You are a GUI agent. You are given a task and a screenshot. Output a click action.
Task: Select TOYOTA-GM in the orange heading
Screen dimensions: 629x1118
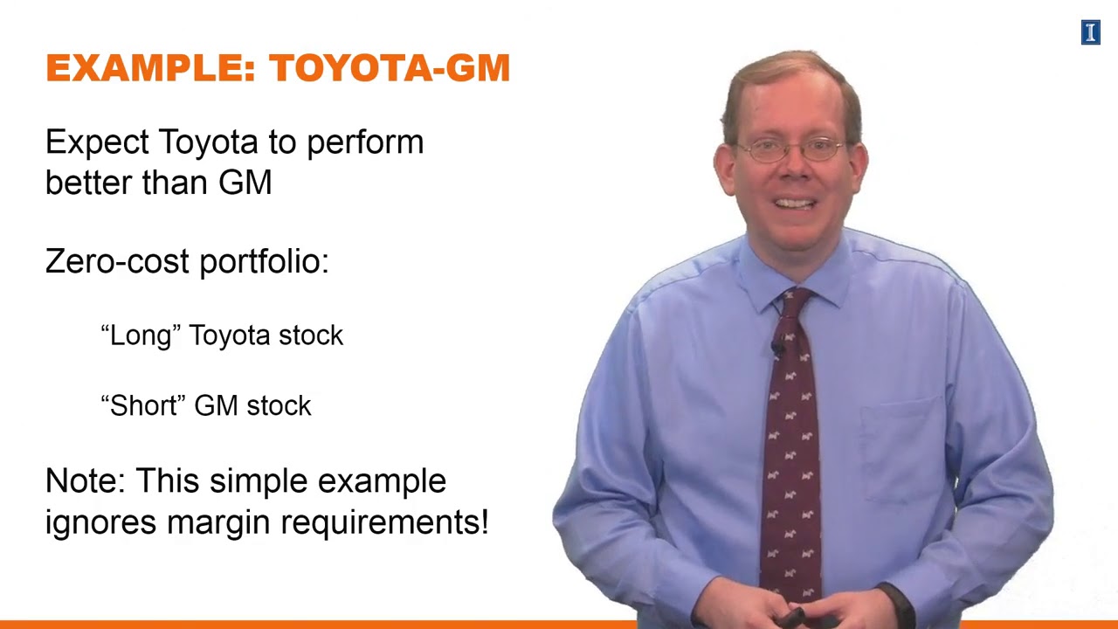point(390,68)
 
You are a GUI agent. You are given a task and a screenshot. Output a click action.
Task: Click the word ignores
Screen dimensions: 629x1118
point(100,522)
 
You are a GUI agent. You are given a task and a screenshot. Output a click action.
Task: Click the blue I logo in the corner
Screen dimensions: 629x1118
point(1090,33)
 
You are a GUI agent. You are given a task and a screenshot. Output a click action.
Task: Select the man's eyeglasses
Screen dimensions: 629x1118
point(790,150)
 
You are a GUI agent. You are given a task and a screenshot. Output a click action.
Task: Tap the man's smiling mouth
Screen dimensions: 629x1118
point(795,204)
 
